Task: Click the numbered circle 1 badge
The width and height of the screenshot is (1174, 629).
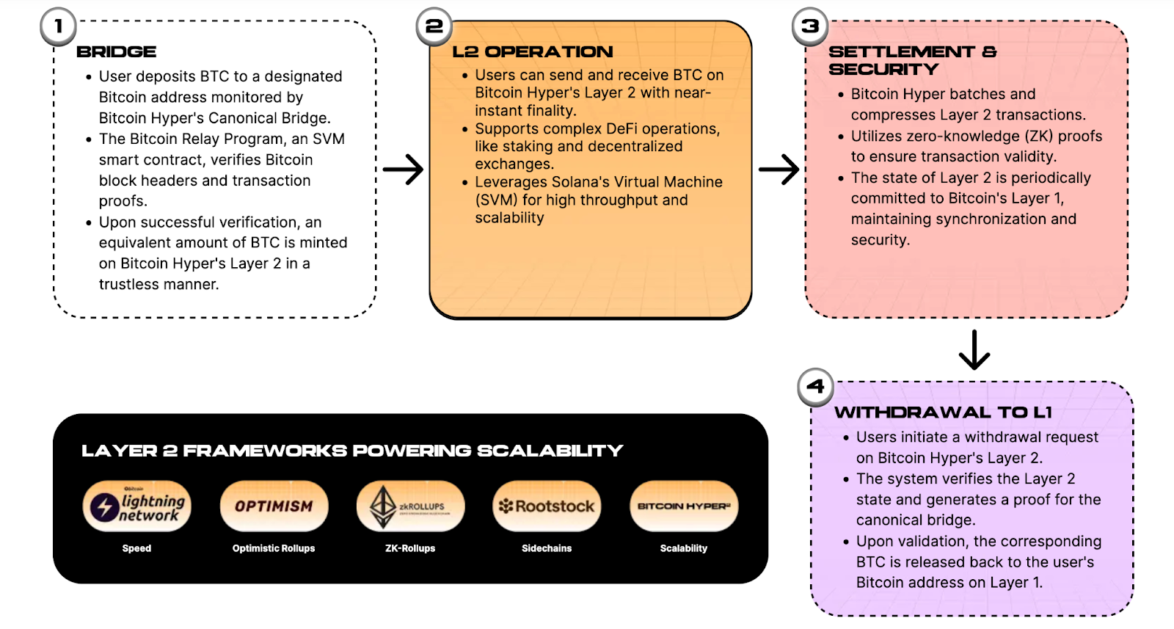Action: pyautogui.click(x=58, y=27)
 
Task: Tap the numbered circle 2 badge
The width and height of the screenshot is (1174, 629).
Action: pyautogui.click(x=434, y=27)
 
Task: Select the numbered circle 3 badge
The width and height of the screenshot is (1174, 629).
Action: pyautogui.click(x=810, y=27)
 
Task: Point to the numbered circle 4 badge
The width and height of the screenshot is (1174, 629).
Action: pyautogui.click(x=816, y=386)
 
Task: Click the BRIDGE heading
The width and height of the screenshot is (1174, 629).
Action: pyautogui.click(x=117, y=52)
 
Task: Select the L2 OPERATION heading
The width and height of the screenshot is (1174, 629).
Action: pyautogui.click(x=533, y=52)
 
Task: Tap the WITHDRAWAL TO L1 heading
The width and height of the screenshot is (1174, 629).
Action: pyautogui.click(x=943, y=412)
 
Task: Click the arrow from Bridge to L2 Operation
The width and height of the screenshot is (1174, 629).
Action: pyautogui.click(x=403, y=170)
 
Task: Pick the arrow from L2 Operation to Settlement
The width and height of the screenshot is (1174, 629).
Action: pyautogui.click(x=779, y=170)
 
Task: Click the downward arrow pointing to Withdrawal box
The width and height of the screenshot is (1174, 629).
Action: pyautogui.click(x=974, y=350)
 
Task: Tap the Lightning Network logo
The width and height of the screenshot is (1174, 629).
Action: pyautogui.click(x=137, y=506)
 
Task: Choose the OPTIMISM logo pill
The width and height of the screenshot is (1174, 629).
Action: pyautogui.click(x=274, y=506)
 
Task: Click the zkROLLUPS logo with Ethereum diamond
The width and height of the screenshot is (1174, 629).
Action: pyautogui.click(x=410, y=506)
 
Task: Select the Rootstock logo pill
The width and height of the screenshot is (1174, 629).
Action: pyautogui.click(x=547, y=506)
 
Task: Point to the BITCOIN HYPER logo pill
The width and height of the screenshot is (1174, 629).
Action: pyautogui.click(x=684, y=506)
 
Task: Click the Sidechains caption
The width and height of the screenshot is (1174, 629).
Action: pyautogui.click(x=547, y=548)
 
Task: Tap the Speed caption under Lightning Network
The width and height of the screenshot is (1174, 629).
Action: pyautogui.click(x=137, y=548)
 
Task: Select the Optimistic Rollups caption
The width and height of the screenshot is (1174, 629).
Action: pyautogui.click(x=274, y=548)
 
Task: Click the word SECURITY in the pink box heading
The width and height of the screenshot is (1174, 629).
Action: pyautogui.click(x=883, y=70)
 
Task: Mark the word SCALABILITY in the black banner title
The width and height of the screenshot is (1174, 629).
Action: pyautogui.click(x=550, y=451)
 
